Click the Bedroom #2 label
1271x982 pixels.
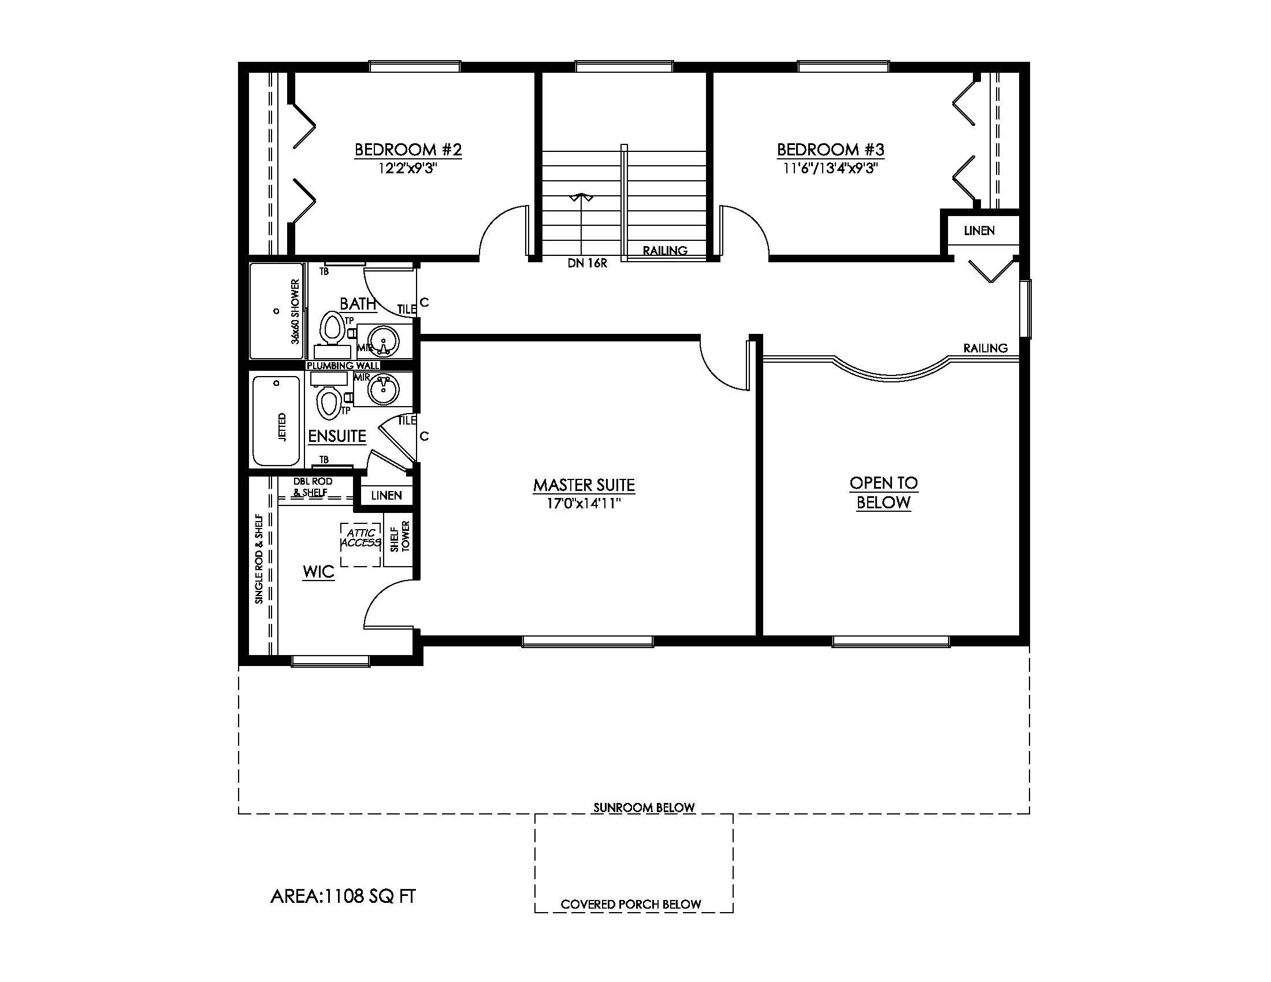coord(408,150)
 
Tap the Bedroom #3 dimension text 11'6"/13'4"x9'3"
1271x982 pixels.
coord(830,169)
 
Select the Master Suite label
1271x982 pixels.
coord(584,485)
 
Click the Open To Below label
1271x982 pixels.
coord(883,492)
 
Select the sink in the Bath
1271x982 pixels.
coord(384,340)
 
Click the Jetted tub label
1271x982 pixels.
coord(283,427)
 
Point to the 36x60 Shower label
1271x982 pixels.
coord(295,312)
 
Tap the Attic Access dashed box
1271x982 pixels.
coord(361,544)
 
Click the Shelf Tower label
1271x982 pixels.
coord(400,537)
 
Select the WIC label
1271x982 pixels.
coord(318,571)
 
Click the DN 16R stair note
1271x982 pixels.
coord(587,263)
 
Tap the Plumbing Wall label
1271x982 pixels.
coord(343,365)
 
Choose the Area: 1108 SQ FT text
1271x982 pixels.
coord(343,897)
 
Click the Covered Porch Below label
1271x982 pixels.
coord(631,905)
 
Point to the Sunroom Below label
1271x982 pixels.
coord(644,808)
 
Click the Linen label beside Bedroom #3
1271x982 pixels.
coord(979,230)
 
